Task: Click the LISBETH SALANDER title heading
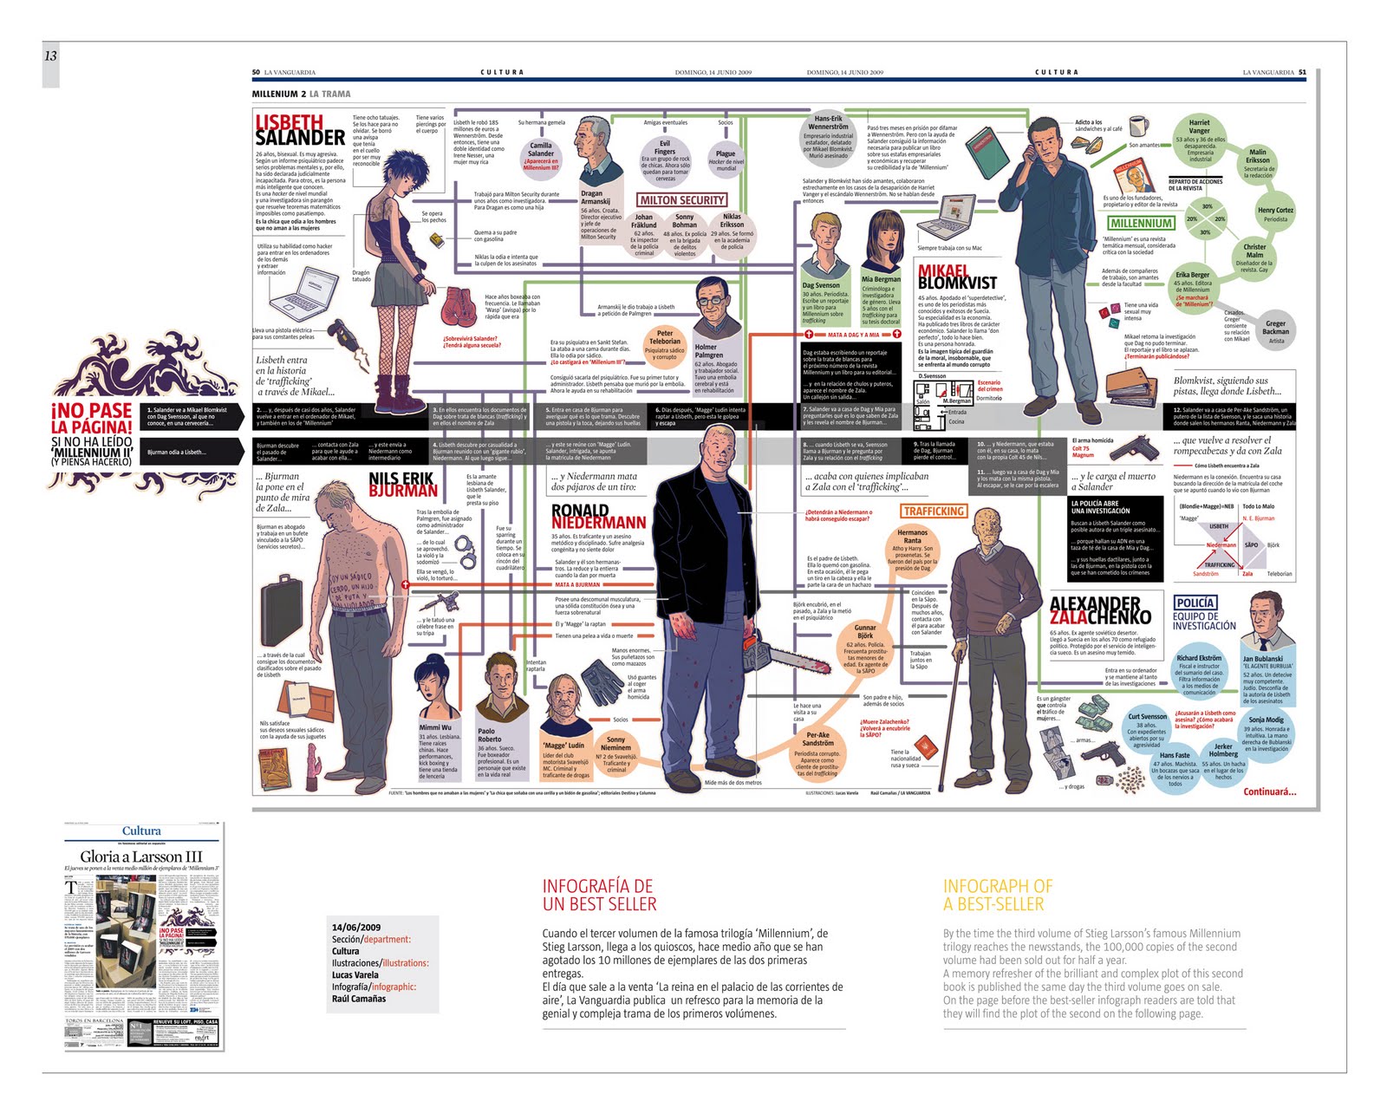(300, 130)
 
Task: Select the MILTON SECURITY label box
(682, 200)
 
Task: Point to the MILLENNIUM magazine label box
(1141, 223)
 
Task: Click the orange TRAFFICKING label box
(934, 511)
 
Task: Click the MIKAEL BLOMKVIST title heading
(956, 277)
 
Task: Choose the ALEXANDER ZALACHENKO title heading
(1099, 610)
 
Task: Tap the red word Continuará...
(1269, 792)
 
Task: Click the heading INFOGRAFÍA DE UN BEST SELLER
(599, 895)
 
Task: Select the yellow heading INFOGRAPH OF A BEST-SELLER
(998, 895)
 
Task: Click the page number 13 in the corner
(50, 56)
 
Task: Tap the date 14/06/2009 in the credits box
(355, 927)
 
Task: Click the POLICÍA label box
(1195, 603)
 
